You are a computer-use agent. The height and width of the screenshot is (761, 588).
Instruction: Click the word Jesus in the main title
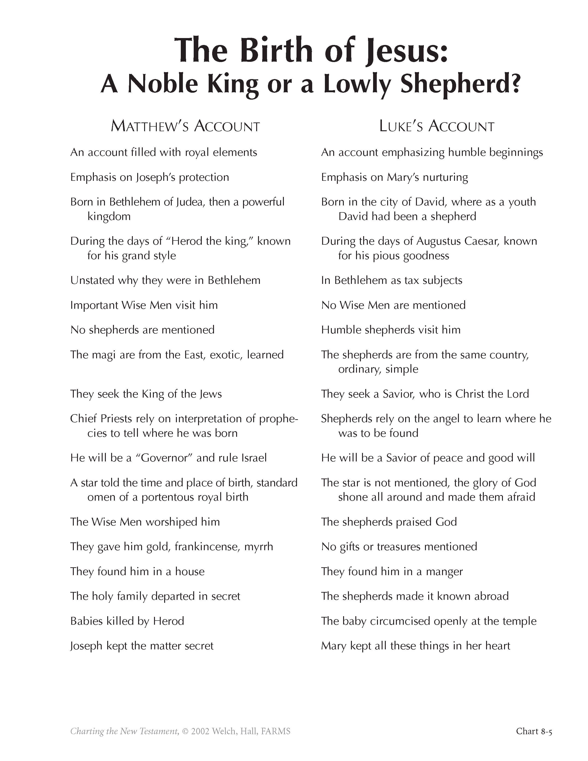404,51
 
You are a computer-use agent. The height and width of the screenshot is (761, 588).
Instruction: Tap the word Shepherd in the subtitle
460,84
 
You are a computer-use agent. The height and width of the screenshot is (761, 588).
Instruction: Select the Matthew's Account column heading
185,126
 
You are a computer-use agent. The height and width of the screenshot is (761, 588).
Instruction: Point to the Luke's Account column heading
437,126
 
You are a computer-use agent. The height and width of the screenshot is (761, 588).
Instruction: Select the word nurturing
445,177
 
